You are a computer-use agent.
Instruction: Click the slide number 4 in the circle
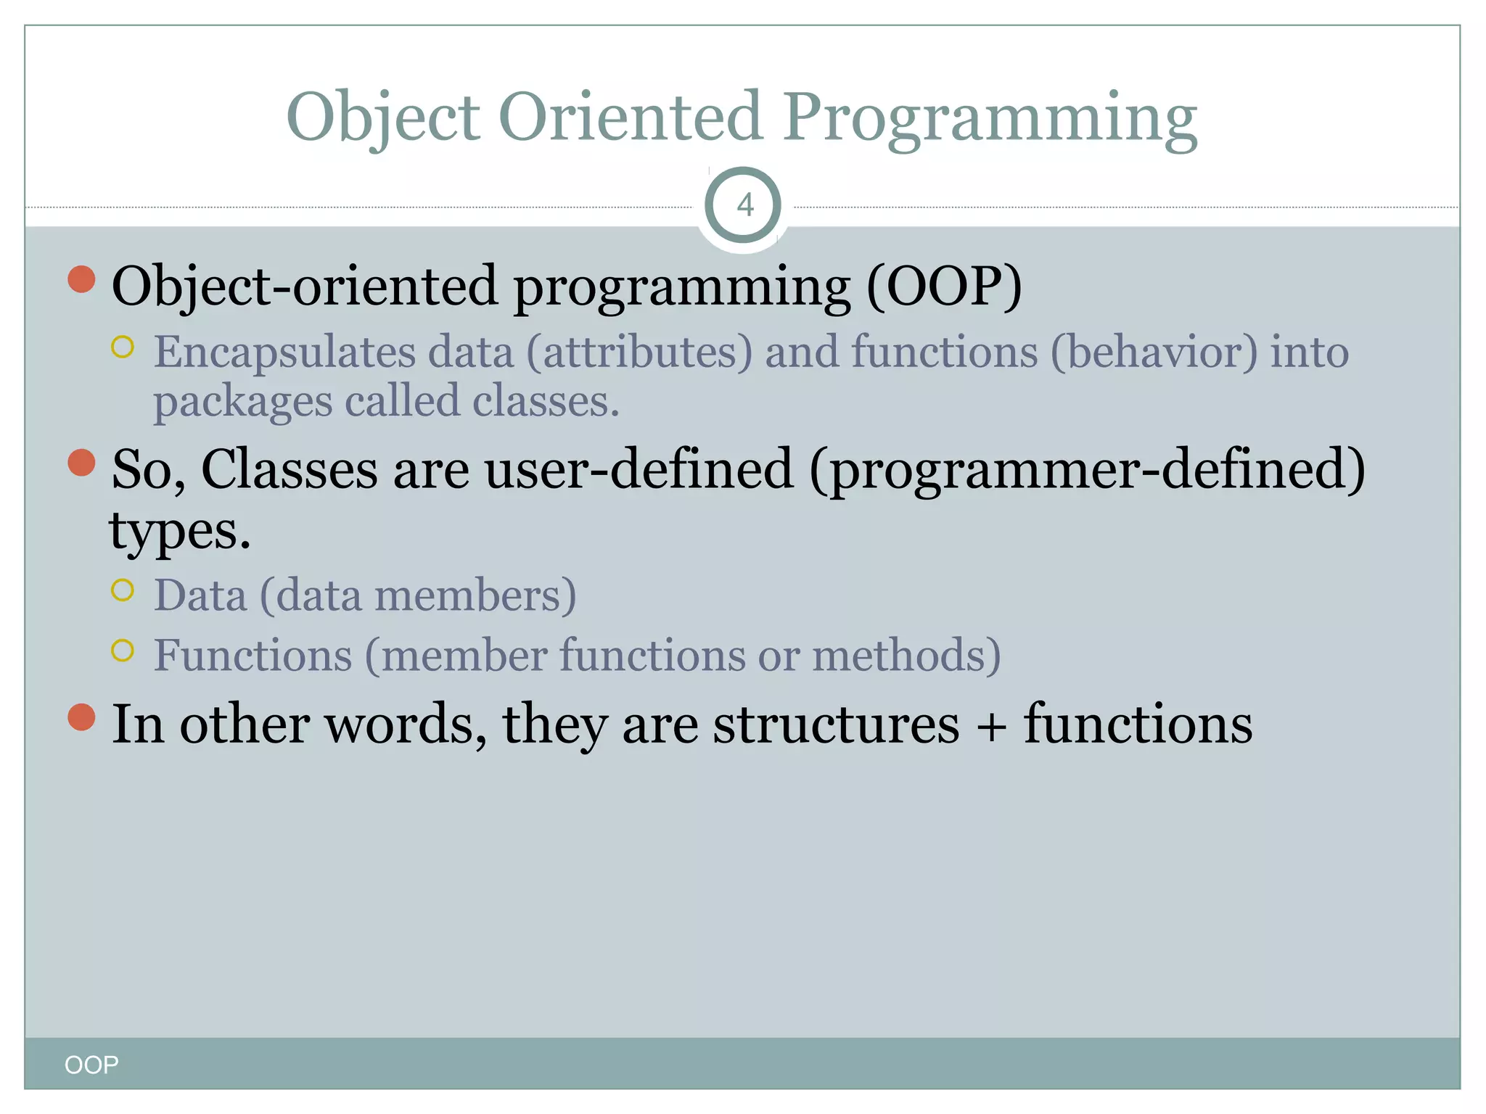coord(744,205)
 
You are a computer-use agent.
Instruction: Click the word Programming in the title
coord(990,117)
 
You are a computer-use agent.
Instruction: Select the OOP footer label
coord(91,1065)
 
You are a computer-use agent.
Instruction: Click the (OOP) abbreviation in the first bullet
coord(944,286)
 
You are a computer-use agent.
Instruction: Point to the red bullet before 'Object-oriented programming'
coord(82,279)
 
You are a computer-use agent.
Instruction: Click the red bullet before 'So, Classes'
coord(82,463)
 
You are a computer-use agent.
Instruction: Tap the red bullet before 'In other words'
coord(82,717)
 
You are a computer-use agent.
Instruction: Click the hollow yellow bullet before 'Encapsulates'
coord(123,347)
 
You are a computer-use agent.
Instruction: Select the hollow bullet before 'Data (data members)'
coord(123,590)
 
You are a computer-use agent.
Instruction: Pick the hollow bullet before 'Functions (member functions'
coord(123,651)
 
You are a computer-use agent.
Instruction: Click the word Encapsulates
coord(284,353)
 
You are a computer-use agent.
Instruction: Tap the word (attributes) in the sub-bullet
coord(639,353)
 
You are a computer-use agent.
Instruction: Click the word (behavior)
coord(1154,353)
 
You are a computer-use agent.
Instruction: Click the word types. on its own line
coord(179,532)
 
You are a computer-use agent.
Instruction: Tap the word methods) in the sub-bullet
coord(906,656)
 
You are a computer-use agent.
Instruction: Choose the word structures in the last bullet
coord(836,725)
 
